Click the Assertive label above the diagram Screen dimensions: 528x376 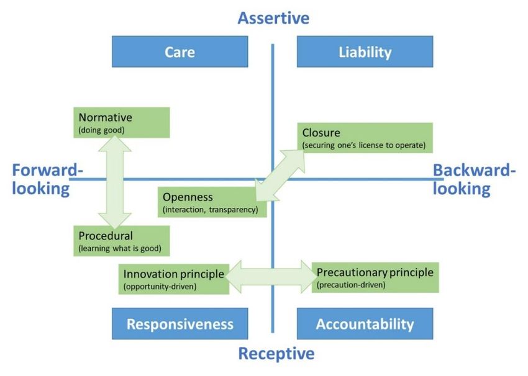pos(273,18)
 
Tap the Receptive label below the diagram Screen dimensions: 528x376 pos(276,354)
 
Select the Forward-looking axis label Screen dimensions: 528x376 pos(47,179)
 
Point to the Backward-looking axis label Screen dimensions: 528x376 pos(474,179)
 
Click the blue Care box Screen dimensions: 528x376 pos(180,51)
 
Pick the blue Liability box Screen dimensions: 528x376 pos(365,51)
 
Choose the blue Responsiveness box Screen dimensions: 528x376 pos(180,323)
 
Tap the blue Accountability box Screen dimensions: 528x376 pos(365,323)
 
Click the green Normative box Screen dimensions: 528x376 pos(122,122)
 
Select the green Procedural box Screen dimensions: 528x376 pos(122,241)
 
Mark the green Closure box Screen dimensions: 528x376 pos(365,138)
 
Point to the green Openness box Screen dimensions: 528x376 pos(212,202)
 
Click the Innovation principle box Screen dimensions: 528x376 pos(174,279)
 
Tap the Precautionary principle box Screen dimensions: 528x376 pos(375,277)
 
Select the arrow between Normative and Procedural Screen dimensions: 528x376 pos(115,182)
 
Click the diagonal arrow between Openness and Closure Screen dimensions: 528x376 pos(280,175)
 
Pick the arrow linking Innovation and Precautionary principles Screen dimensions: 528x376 pos(271,277)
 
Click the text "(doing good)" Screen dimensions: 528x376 pos(101,130)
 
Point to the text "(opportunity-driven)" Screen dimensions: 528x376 pos(160,287)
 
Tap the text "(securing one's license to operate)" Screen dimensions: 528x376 pos(364,145)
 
